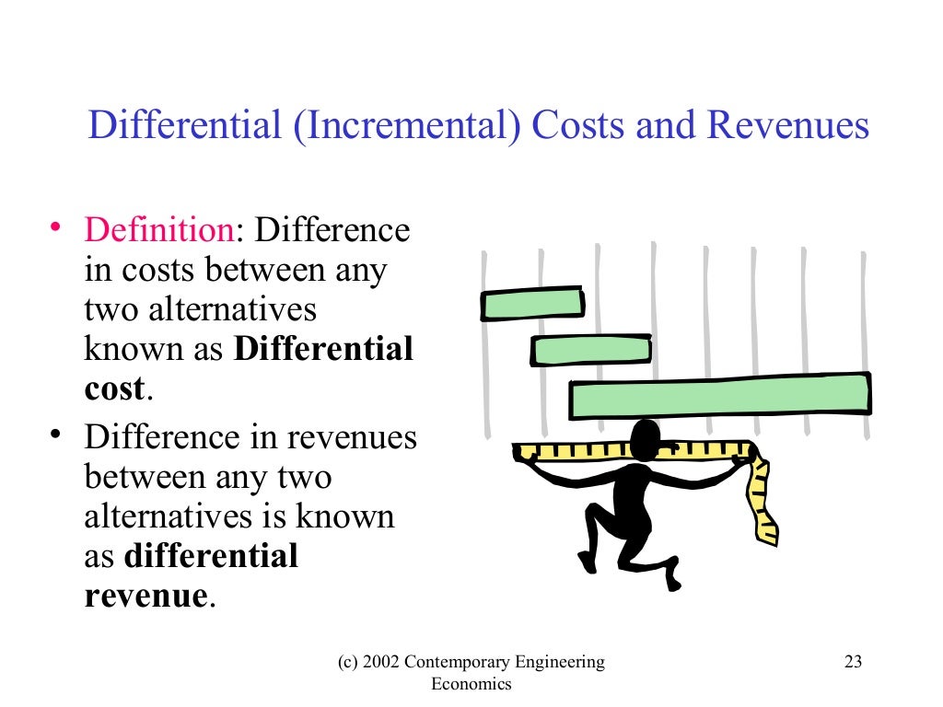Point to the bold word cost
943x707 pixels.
point(114,388)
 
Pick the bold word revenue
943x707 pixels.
point(146,596)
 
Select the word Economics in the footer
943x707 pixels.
point(471,684)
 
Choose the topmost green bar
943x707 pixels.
point(532,304)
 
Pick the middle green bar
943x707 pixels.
point(591,351)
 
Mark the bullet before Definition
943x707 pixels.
point(57,228)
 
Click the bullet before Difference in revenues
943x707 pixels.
point(57,435)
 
